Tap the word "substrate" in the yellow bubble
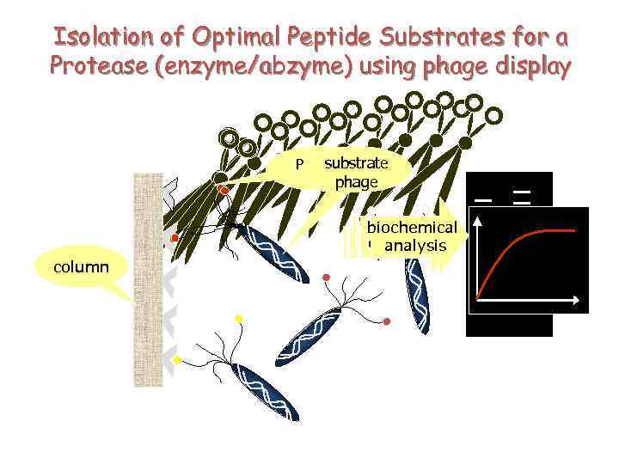(356, 163)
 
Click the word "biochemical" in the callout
(412, 228)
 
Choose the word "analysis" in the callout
(416, 246)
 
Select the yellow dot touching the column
(176, 360)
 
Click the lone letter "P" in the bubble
(300, 164)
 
